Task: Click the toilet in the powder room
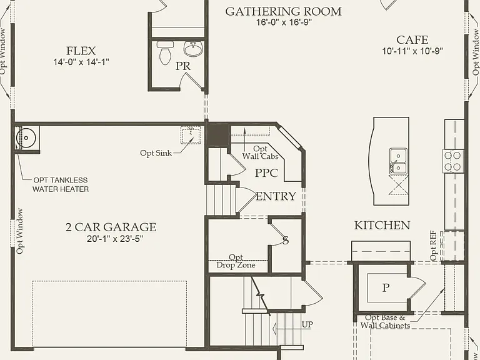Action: [x=165, y=53]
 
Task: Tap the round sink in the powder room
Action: [x=193, y=49]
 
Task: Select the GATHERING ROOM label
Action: [x=284, y=12]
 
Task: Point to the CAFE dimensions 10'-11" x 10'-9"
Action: [x=412, y=51]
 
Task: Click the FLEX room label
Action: [x=81, y=51]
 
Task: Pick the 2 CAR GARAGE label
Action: [x=111, y=227]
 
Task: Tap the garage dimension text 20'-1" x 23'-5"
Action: [x=115, y=239]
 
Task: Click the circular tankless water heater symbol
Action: [x=26, y=137]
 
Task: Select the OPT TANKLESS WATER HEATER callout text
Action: [x=61, y=184]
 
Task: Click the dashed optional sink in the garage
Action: [x=191, y=135]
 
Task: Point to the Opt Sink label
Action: [x=156, y=153]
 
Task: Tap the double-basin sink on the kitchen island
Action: [x=398, y=161]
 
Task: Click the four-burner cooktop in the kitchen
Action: [x=452, y=161]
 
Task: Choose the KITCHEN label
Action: [x=382, y=225]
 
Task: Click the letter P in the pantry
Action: [x=386, y=287]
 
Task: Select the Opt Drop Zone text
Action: [x=236, y=261]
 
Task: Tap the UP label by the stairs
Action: [x=307, y=324]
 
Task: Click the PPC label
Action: [x=266, y=173]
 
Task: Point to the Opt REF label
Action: [x=433, y=246]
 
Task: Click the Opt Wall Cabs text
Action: [x=260, y=152]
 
